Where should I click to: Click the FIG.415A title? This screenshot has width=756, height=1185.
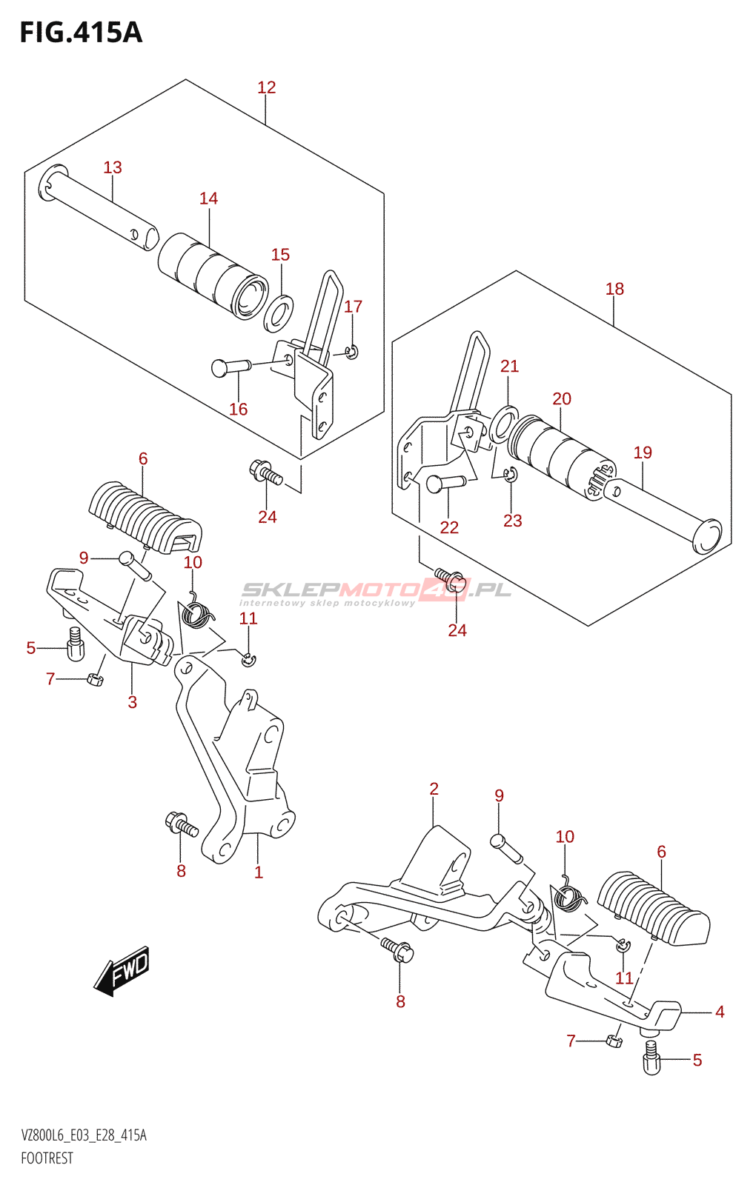[x=80, y=33]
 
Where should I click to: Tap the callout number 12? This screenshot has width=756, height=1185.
[x=266, y=87]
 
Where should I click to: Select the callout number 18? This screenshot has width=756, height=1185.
[x=614, y=289]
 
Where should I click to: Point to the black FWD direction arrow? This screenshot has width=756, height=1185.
[x=123, y=970]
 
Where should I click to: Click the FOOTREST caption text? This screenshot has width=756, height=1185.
[x=47, y=1158]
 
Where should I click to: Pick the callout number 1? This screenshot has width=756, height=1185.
[x=259, y=872]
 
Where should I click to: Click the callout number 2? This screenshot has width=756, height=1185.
[x=434, y=789]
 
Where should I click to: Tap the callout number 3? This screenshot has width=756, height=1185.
[x=133, y=702]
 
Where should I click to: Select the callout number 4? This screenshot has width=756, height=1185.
[x=720, y=1012]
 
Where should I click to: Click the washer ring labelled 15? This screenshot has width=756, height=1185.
[x=279, y=312]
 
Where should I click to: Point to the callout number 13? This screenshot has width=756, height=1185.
[x=113, y=167]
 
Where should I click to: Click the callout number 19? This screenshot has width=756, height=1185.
[x=643, y=453]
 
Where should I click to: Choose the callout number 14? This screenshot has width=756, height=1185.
[x=208, y=198]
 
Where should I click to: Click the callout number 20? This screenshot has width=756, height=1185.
[x=562, y=398]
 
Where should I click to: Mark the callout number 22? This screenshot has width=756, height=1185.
[x=449, y=527]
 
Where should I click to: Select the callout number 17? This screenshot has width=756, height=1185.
[x=354, y=306]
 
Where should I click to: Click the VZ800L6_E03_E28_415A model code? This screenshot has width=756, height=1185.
[x=84, y=1136]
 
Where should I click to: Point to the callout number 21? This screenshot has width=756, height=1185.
[x=509, y=366]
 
